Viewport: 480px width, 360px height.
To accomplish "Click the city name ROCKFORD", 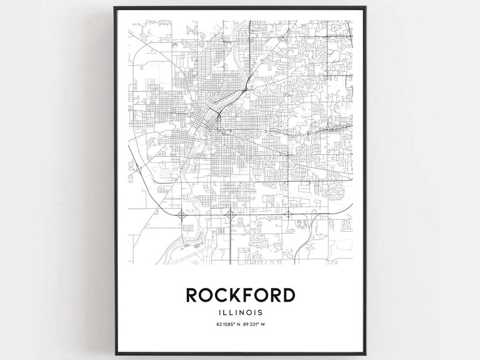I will tap(240, 295).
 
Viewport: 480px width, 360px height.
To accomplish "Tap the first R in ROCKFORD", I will tap(193, 295).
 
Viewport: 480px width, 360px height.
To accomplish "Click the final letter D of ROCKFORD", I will tap(288, 295).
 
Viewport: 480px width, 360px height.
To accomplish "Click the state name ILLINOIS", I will tap(241, 313).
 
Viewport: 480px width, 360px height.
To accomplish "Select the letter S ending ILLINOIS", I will tap(261, 313).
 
